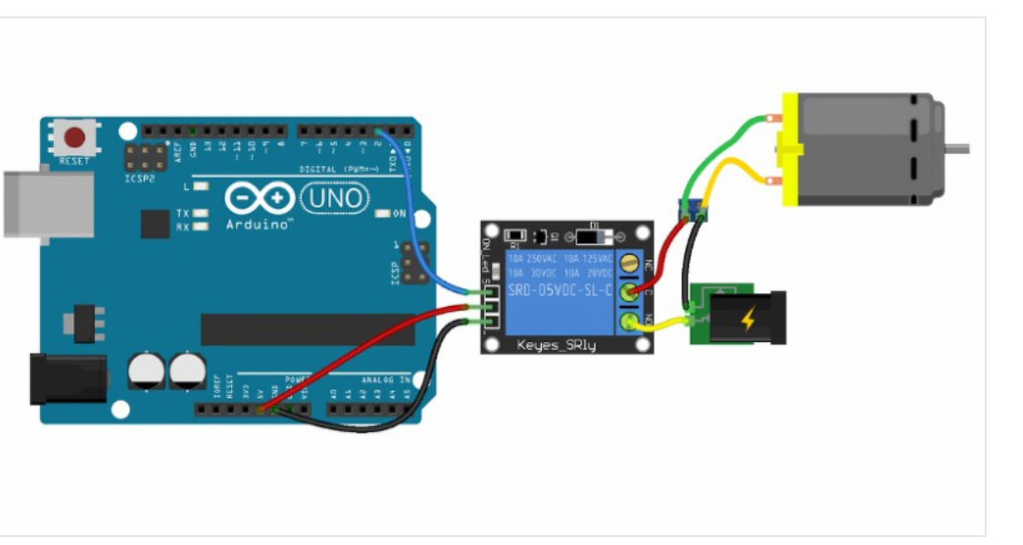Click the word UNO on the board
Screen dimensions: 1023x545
tap(334, 198)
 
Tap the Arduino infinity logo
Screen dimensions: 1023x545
tap(259, 200)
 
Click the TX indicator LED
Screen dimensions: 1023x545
tap(200, 214)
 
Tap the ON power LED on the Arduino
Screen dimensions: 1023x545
tap(382, 214)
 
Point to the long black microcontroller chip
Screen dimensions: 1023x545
tap(307, 329)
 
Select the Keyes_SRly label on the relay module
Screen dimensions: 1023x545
tap(556, 344)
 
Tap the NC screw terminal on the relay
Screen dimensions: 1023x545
tap(631, 263)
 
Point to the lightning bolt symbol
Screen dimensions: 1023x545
tap(748, 320)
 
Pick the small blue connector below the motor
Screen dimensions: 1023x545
tap(693, 212)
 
